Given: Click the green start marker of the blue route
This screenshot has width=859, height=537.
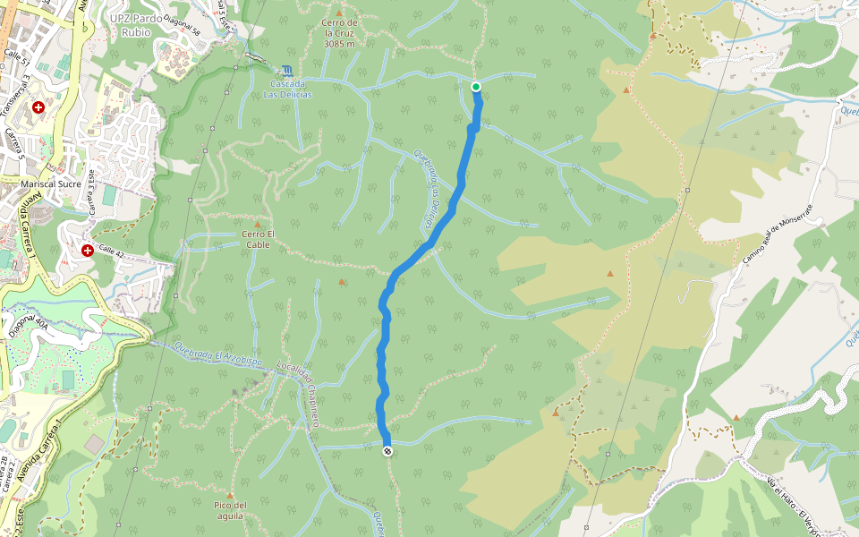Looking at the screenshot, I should (476, 87).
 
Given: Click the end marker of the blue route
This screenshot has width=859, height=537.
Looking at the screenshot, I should (387, 452).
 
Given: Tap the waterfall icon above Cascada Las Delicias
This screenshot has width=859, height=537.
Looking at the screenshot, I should (286, 70).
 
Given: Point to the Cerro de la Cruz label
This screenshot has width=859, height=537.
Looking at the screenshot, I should (340, 32).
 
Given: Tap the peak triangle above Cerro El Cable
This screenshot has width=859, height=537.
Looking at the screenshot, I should (258, 225).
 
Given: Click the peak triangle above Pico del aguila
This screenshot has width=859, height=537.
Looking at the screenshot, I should (230, 495).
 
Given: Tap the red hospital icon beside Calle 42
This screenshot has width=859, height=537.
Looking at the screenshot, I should (88, 251).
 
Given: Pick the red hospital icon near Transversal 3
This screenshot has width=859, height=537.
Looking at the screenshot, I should (38, 107).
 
